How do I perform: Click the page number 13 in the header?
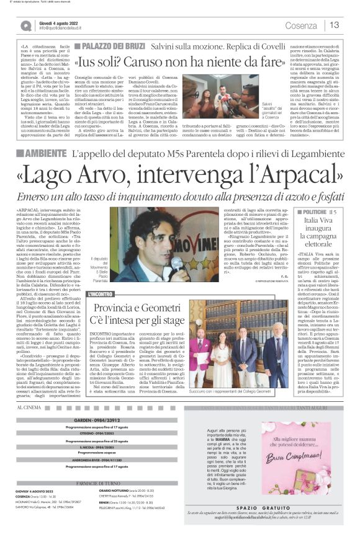click(335, 25)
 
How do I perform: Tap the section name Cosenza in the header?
click(301, 25)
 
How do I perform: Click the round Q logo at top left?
click(25, 25)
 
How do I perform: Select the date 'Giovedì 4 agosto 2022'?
click(59, 22)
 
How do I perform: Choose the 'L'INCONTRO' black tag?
click(101, 293)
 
